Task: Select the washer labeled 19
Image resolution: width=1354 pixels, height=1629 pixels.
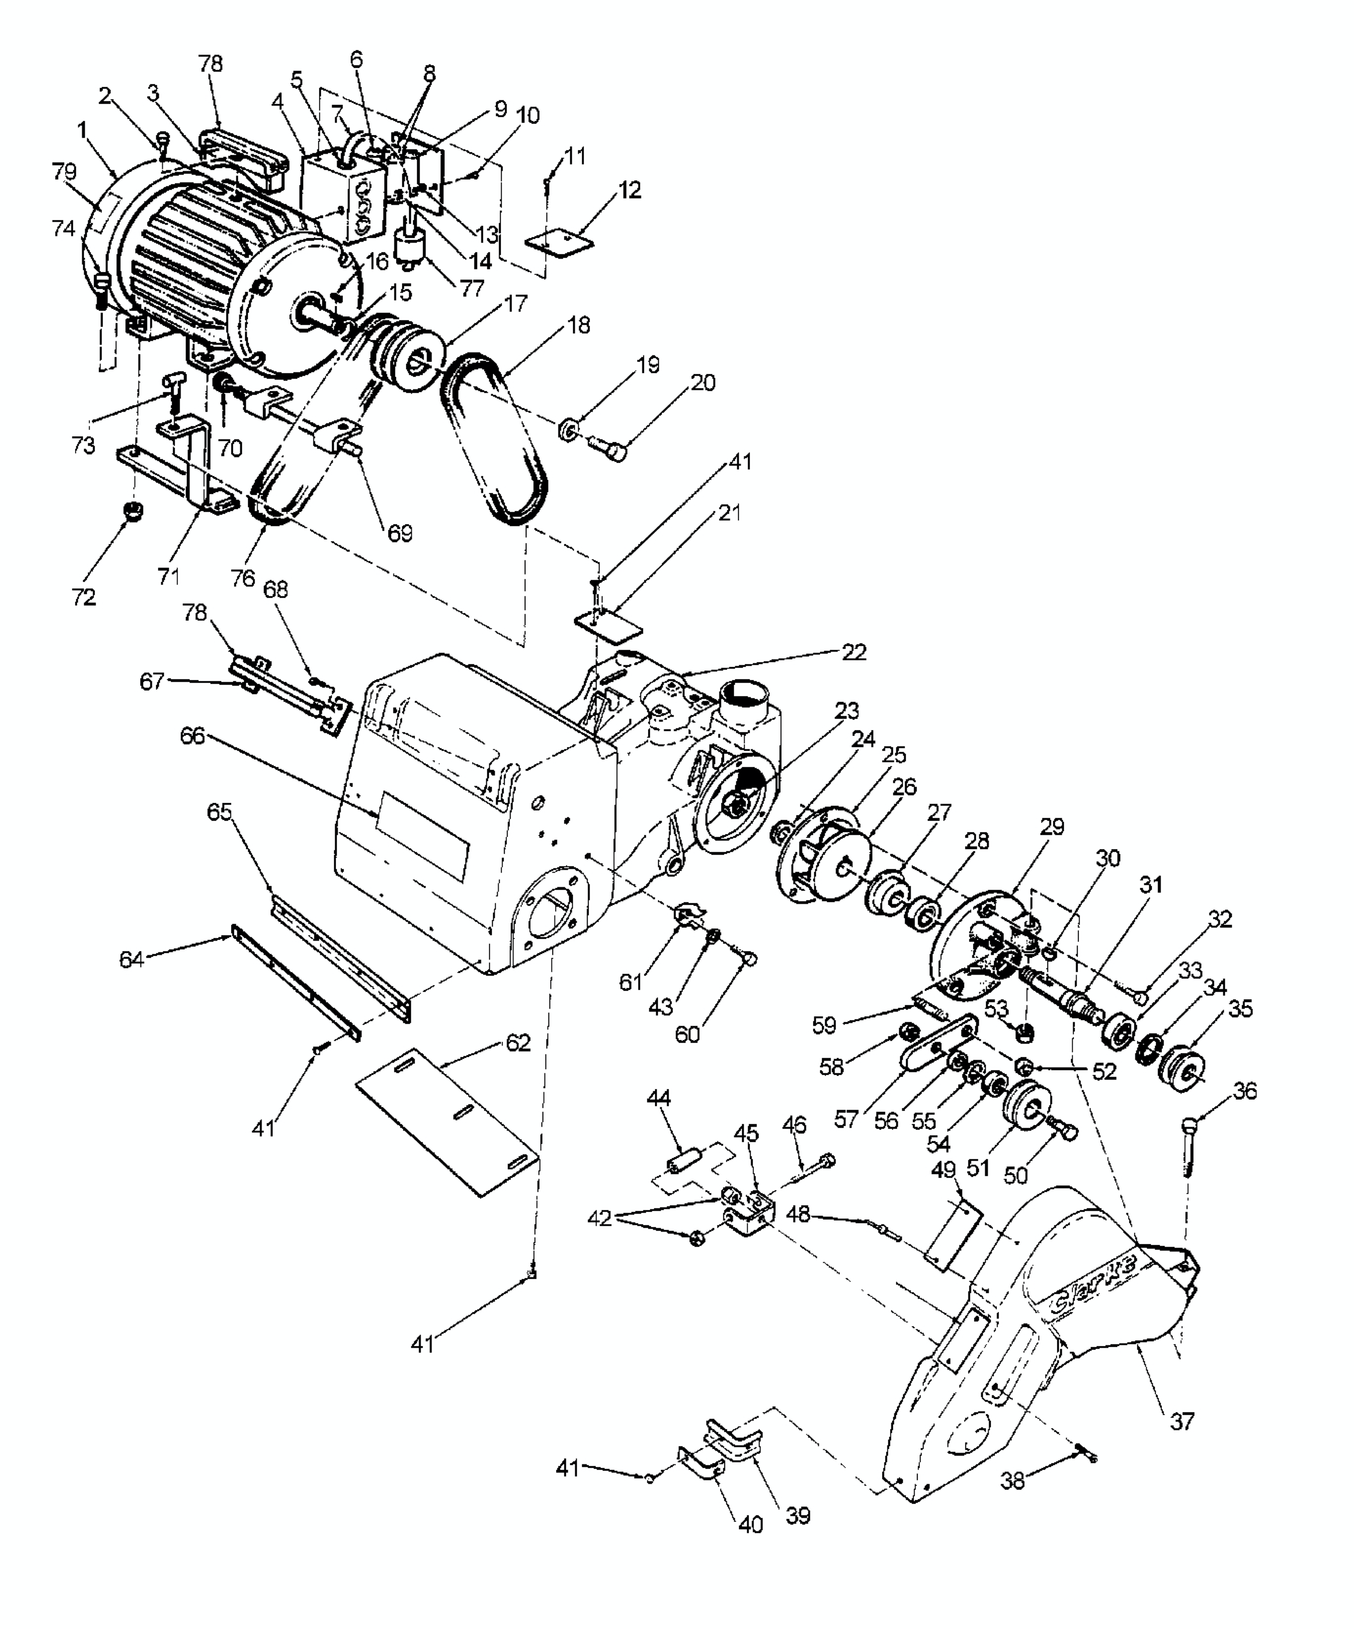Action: (570, 429)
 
